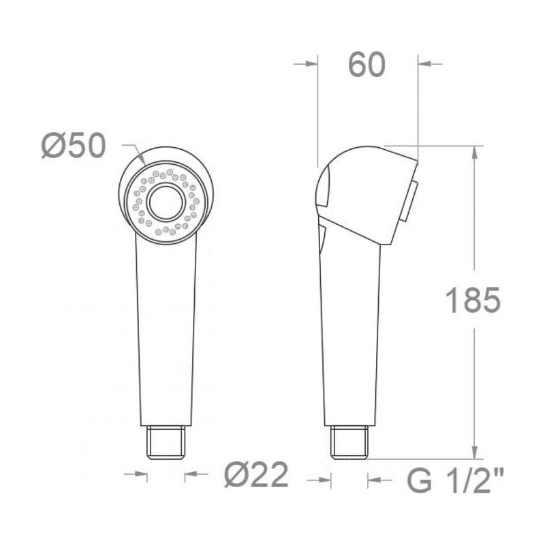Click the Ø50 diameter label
[x=74, y=146]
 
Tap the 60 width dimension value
[x=367, y=65]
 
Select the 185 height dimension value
[x=473, y=300]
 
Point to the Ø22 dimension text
[x=256, y=475]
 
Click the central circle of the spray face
[x=166, y=202]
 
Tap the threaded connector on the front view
[x=166, y=442]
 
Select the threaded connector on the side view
[x=349, y=442]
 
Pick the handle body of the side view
[x=349, y=334]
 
